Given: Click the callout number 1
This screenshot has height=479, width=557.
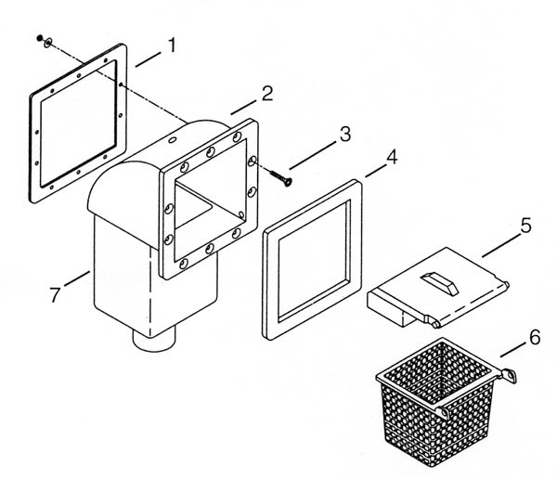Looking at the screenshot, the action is point(173,45).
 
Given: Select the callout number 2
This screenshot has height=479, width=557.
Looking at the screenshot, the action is point(267,93).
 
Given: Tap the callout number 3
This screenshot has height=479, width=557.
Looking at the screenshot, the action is point(345,135).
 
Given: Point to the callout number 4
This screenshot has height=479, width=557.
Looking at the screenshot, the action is point(392,157).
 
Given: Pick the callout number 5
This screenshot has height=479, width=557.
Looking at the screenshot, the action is point(526,226).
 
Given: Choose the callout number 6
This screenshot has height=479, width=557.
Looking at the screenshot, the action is point(535,337).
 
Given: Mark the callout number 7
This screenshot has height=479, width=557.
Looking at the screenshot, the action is point(55,294).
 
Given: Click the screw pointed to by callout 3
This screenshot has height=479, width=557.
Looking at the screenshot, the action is point(281,177).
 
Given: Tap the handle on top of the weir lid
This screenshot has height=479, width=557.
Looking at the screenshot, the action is point(439,283).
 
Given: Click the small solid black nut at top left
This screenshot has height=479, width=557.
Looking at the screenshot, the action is point(39,38).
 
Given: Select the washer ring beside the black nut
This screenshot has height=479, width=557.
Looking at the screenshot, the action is point(47,43).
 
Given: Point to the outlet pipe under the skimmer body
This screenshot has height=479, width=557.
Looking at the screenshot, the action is point(154,341).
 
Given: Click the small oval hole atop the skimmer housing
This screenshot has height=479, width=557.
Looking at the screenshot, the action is point(173,140).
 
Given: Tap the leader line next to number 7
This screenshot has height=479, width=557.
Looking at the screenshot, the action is point(77,278).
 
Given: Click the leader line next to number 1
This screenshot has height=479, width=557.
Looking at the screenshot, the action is point(148,59).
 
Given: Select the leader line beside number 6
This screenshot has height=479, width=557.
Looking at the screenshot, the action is point(512,350).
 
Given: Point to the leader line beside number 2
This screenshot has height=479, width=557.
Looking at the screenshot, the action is point(243,108).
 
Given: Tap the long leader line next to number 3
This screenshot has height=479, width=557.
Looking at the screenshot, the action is point(313,156).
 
